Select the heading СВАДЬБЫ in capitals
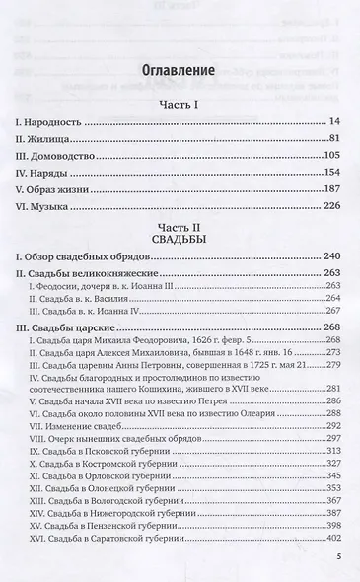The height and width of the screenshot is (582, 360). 180,239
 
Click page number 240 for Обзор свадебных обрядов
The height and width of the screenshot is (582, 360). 329,257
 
